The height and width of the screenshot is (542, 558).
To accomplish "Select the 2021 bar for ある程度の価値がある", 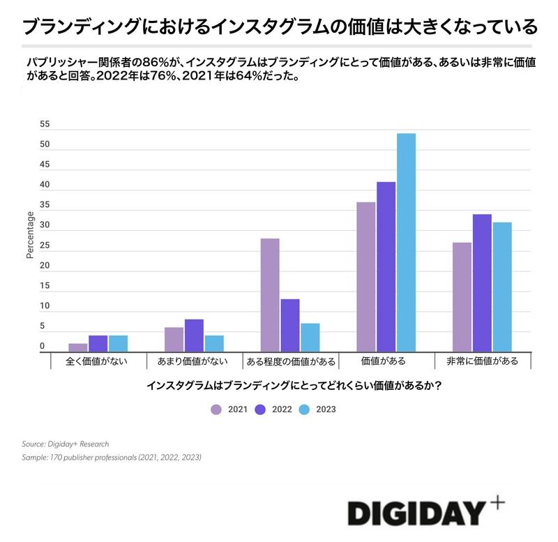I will [269, 295].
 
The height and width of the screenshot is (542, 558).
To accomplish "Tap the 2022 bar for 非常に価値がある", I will [482, 283].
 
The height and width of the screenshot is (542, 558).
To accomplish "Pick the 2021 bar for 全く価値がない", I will [78, 347].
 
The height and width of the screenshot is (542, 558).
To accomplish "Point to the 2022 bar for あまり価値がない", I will [194, 336].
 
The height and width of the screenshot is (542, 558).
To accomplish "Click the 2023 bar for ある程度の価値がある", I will [310, 338].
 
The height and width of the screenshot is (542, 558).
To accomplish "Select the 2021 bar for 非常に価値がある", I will [462, 296].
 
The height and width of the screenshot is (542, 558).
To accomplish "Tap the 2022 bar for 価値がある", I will [386, 266].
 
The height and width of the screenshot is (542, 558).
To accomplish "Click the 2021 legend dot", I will [216, 409].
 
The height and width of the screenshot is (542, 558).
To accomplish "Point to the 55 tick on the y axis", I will [45, 124].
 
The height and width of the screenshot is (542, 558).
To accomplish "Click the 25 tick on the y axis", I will [45, 246].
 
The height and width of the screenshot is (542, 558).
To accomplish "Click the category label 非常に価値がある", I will [483, 361].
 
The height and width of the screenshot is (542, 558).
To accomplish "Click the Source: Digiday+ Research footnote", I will [65, 444].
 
